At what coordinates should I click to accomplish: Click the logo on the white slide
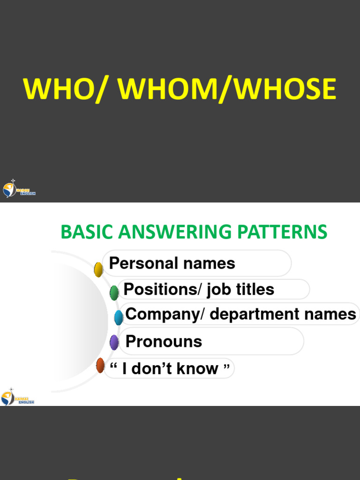[x=18, y=397]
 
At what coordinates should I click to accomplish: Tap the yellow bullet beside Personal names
[x=98, y=270]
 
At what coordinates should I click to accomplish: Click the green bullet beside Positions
[x=114, y=292]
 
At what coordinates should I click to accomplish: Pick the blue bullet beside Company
[x=119, y=317]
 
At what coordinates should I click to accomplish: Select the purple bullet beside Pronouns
[x=114, y=342]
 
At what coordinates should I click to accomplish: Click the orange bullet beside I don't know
[x=100, y=365]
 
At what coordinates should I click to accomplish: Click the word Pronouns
[x=164, y=341]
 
